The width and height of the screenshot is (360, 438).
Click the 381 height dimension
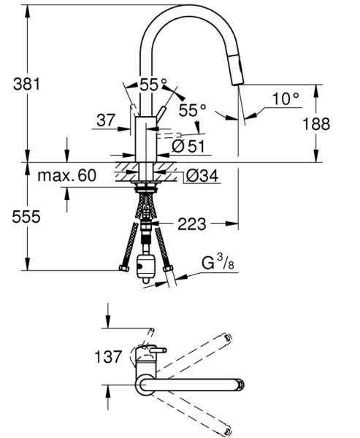point(26,83)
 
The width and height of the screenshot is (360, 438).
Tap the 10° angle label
point(286,98)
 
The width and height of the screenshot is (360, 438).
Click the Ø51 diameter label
point(187,146)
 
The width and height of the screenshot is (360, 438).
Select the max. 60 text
point(66,175)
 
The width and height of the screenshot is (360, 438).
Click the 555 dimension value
point(26,217)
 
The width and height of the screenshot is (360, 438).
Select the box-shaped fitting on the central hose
point(145,268)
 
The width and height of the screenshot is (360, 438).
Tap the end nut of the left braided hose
point(123,269)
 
